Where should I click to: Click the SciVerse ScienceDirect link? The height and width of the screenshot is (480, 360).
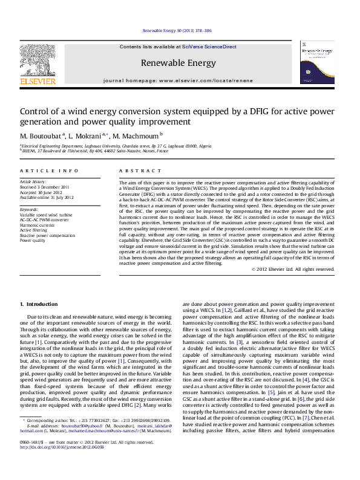[x=213, y=47]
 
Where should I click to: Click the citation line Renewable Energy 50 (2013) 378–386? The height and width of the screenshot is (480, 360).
[x=177, y=30]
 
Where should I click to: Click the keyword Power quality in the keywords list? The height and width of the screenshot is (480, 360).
[x=33, y=240]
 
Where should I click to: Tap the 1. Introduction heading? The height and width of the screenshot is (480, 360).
[x=39, y=303]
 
